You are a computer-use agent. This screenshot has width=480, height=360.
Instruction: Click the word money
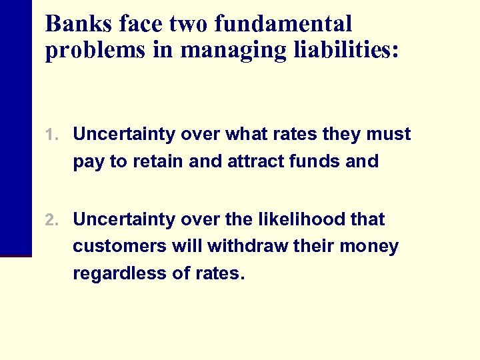(x=371, y=247)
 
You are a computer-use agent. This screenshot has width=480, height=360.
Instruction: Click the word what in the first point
(x=248, y=135)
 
